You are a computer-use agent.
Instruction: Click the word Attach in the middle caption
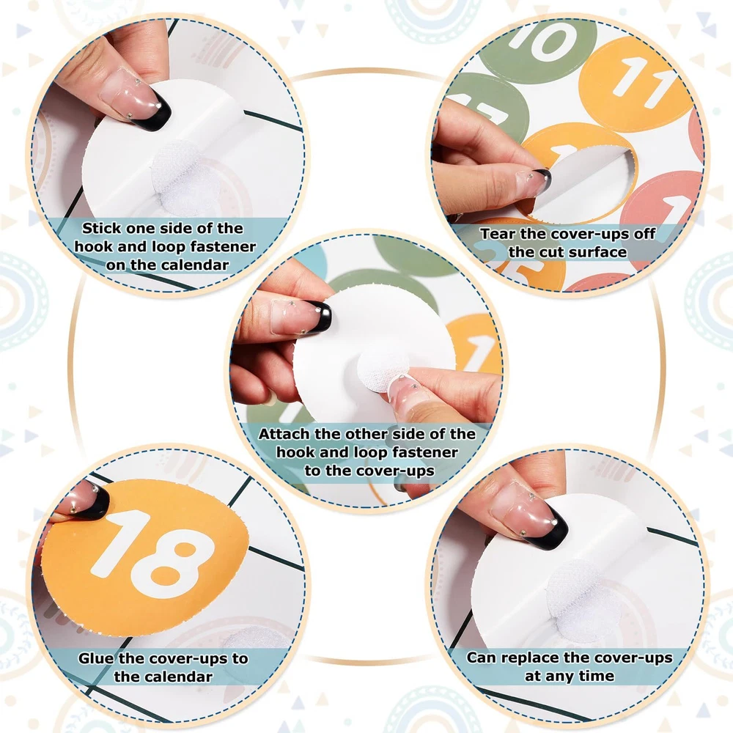[x=284, y=434]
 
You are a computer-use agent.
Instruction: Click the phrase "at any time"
[x=570, y=676]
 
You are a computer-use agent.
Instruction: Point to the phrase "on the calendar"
[x=167, y=265]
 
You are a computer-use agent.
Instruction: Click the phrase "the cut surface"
[x=567, y=252]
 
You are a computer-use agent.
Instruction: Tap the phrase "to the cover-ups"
[x=369, y=471]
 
